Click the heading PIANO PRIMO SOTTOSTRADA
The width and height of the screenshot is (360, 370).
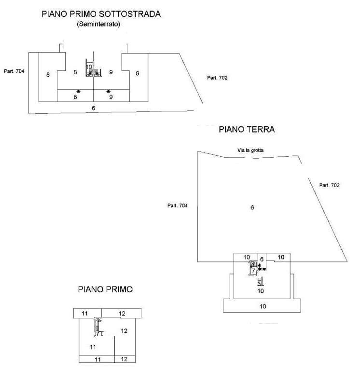click(101, 14)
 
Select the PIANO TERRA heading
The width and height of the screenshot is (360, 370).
click(247, 129)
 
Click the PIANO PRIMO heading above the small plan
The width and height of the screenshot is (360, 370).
click(105, 289)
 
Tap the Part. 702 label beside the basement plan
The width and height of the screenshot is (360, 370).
click(217, 78)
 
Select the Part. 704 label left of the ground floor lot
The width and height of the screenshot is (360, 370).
click(178, 206)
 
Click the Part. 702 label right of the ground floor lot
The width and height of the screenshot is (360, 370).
click(331, 185)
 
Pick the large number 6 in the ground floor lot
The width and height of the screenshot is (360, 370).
click(252, 207)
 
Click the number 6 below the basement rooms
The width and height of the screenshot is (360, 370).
click(93, 108)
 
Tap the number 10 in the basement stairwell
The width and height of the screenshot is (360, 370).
click(89, 67)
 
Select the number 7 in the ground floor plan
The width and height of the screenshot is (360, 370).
click(253, 271)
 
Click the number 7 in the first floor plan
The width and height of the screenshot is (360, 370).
click(98, 333)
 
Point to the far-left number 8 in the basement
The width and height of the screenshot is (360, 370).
click(48, 74)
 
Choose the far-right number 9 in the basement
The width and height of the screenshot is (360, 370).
click(138, 73)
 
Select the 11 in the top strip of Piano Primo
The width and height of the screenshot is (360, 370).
click(85, 314)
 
